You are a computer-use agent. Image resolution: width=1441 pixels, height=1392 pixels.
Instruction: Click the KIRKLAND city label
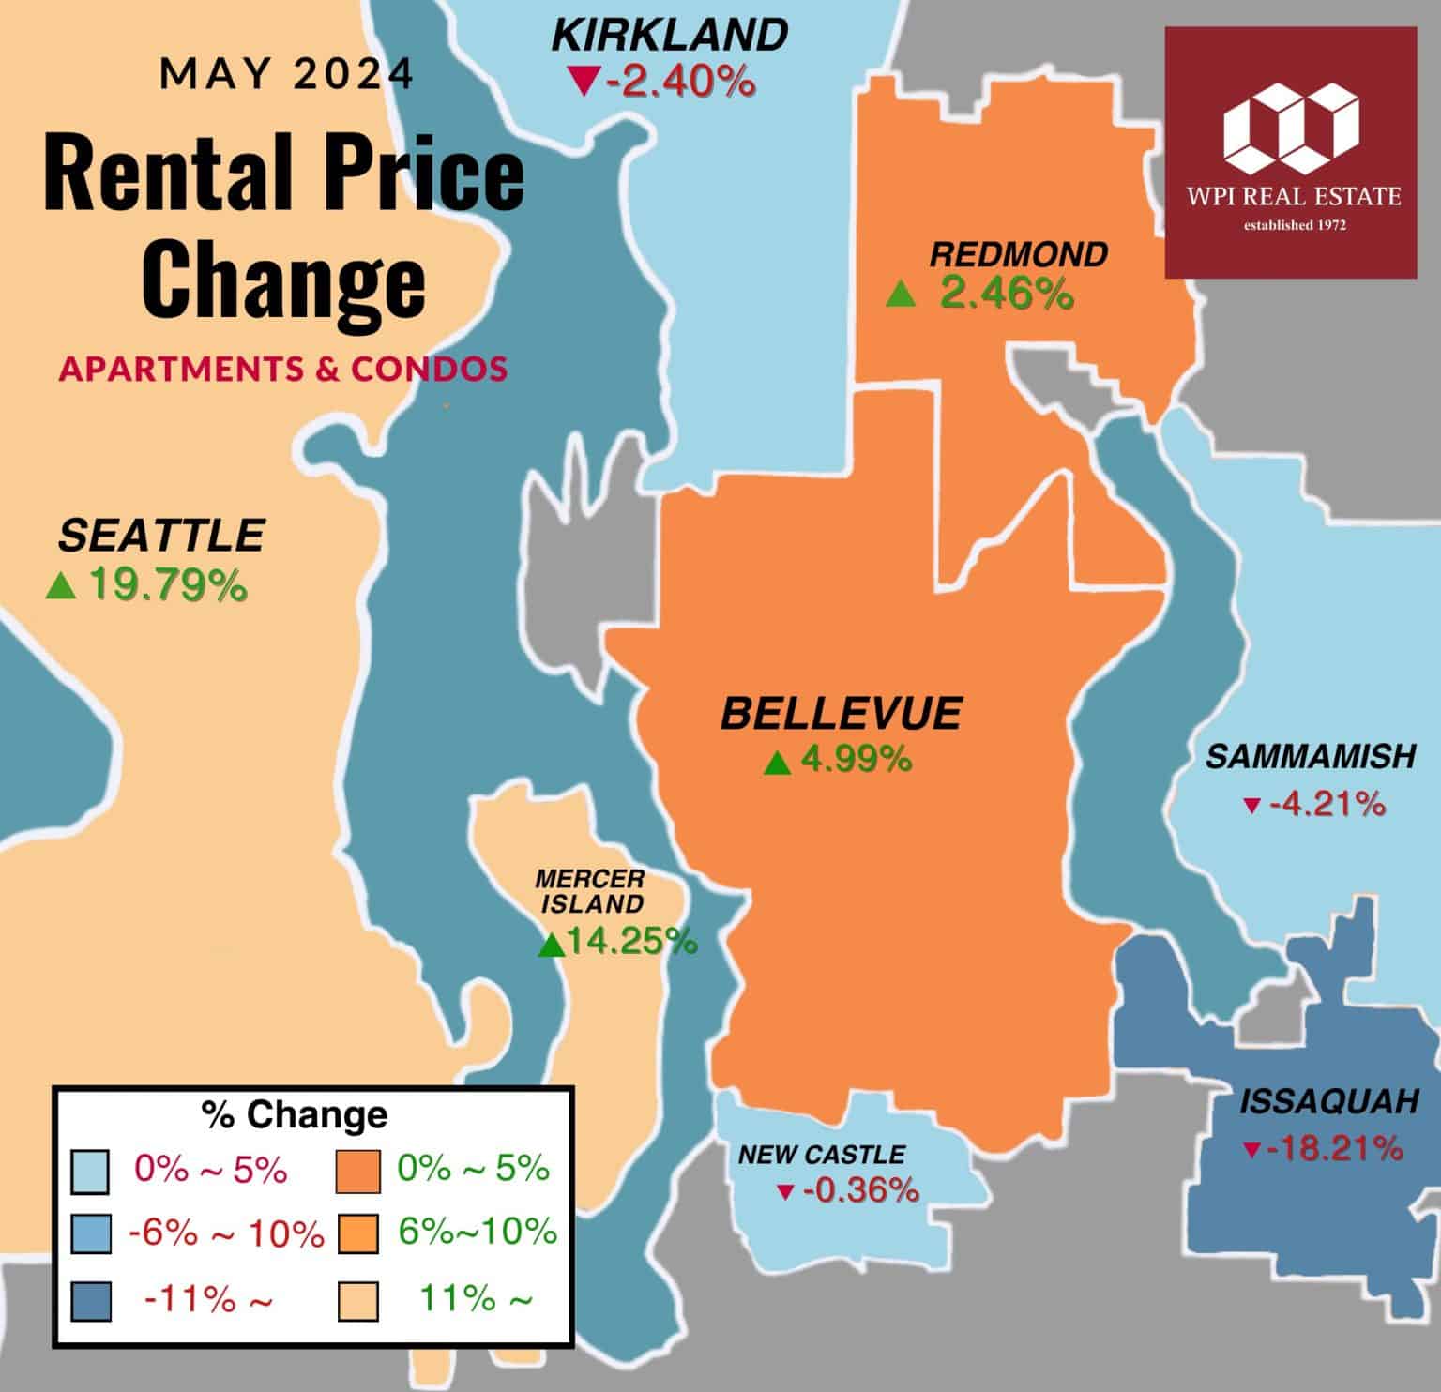[x=670, y=37]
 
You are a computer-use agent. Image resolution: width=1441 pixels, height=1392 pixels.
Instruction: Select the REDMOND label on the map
[x=1019, y=254]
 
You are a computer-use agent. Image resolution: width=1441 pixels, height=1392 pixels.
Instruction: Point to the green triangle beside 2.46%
[x=901, y=295]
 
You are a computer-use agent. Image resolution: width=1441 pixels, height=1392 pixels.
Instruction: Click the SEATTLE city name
[x=161, y=536]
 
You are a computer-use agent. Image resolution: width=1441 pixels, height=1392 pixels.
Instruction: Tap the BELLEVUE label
[x=841, y=714]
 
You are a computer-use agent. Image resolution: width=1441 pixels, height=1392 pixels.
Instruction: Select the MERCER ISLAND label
[x=590, y=891]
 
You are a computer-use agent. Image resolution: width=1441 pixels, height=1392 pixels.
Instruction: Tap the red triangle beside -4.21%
[x=1251, y=806]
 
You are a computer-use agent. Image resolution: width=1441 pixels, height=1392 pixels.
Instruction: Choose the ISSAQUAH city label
[x=1328, y=1102]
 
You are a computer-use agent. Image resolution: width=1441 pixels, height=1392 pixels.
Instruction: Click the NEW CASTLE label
[x=822, y=1155]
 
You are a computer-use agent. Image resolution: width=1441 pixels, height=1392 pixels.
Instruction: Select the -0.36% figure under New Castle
[x=858, y=1191]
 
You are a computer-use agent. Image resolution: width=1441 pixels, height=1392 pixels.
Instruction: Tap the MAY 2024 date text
[x=287, y=74]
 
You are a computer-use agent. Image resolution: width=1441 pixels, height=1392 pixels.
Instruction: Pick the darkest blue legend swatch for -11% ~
[x=91, y=1301]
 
